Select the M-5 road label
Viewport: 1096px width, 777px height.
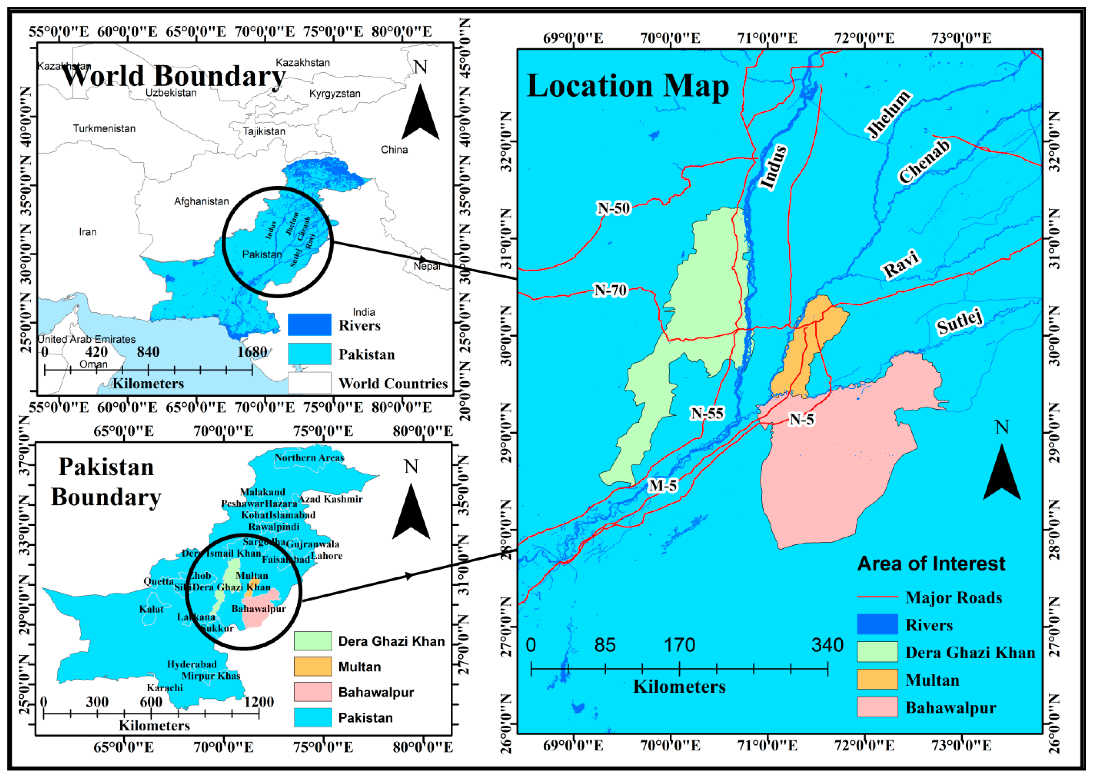(x=663, y=486)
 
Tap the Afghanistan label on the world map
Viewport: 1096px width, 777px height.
(x=201, y=201)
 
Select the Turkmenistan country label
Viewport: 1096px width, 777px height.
(x=104, y=129)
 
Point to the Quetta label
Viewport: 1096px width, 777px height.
(x=159, y=581)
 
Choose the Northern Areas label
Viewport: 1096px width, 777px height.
(x=309, y=458)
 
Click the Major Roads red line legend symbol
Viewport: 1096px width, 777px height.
(x=877, y=597)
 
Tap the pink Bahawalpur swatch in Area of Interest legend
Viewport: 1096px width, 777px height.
(x=877, y=707)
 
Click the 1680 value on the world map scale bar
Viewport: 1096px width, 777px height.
(x=252, y=352)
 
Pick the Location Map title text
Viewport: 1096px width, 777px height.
(x=627, y=86)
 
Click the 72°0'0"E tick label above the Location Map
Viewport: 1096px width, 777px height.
(x=864, y=38)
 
